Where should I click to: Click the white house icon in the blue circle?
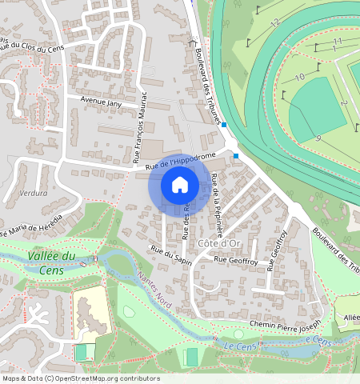[x=180, y=185]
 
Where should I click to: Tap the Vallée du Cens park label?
[x=51, y=262]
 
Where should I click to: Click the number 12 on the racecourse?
[x=274, y=24]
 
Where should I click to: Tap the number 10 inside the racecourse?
[x=299, y=77]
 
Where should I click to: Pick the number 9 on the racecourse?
[x=318, y=138]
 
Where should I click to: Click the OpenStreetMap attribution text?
[x=80, y=378]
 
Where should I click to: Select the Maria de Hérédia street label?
[x=32, y=226]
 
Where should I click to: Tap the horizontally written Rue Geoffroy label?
[x=237, y=259]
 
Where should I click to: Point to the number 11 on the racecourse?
[x=337, y=41]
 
